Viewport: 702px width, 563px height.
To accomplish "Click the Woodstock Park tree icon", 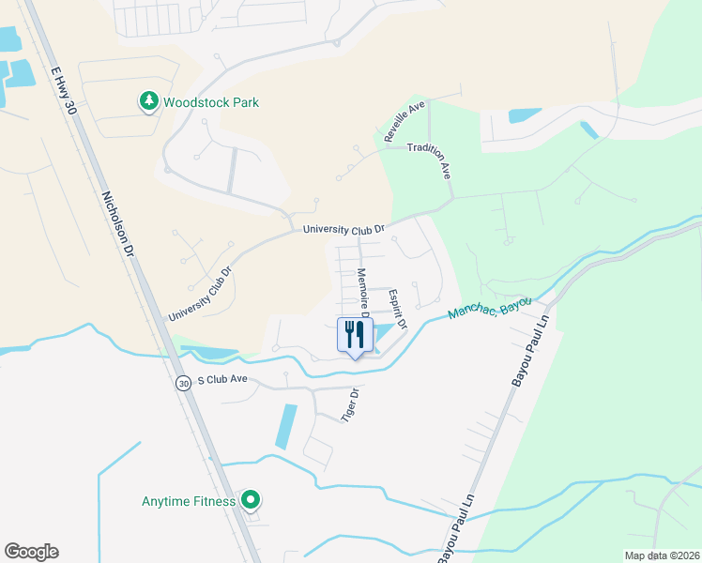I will tap(148, 101).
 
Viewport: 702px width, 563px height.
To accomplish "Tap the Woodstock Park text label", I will tap(211, 102).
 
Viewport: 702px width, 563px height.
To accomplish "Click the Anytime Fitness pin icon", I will tap(250, 501).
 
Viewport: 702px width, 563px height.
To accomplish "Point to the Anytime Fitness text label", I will tap(189, 501).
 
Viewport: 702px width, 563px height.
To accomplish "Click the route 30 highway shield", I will tap(182, 382).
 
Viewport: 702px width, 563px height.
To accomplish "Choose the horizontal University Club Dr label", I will tap(343, 229).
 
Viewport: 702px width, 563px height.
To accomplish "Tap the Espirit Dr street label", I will tap(398, 308).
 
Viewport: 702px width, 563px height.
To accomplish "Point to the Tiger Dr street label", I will tap(350, 404).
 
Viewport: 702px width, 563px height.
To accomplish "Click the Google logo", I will tap(31, 552).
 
